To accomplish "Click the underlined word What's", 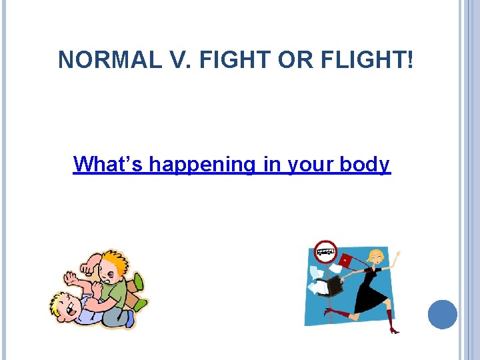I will pyautogui.click(x=108, y=163).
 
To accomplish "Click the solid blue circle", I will pyautogui.click(x=442, y=314).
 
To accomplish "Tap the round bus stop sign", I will pyautogui.click(x=326, y=251).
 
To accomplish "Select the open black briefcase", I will pyautogui.click(x=331, y=285).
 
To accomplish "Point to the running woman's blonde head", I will pyautogui.click(x=377, y=257).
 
